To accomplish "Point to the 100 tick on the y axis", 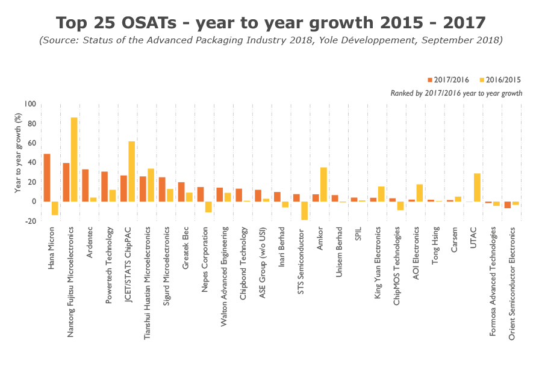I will point(30,104).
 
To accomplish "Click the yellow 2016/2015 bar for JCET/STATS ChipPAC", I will point(131,171).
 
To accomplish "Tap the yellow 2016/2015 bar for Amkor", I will point(323,184).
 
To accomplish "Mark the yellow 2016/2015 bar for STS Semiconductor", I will point(304,211).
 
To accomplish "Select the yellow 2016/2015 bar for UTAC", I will point(477,187).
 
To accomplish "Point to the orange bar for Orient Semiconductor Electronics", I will point(508,205).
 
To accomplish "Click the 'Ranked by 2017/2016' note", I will point(456,93).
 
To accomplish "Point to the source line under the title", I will point(270,40).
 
